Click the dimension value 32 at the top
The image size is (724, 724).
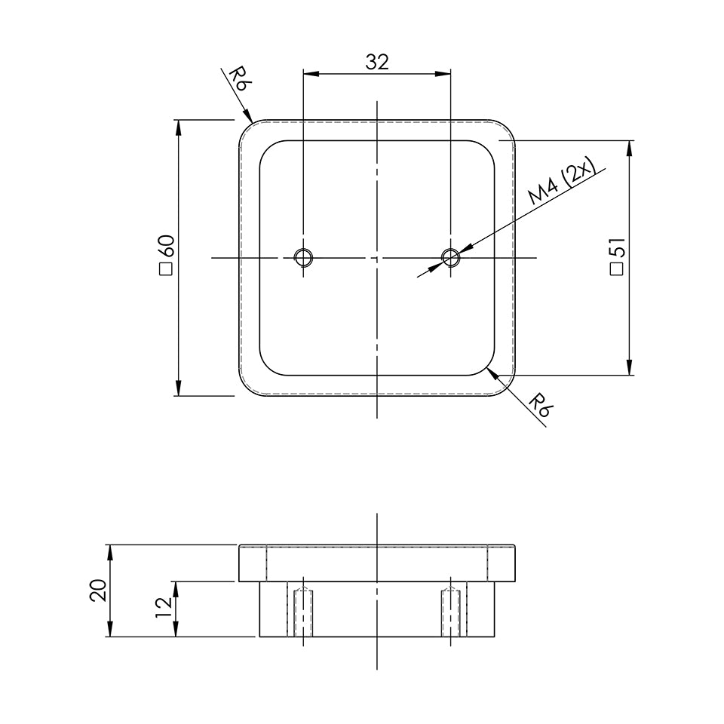[376, 62]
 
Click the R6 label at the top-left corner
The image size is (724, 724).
[238, 79]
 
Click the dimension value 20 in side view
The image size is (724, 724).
[97, 591]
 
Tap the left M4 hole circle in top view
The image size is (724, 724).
[303, 258]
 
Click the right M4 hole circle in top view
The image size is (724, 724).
[450, 258]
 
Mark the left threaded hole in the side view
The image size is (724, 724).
[303, 611]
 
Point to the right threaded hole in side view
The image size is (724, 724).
[450, 611]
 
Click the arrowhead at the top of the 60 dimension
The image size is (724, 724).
[179, 127]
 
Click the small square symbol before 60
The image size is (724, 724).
[166, 271]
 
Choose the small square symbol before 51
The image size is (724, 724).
[616, 269]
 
